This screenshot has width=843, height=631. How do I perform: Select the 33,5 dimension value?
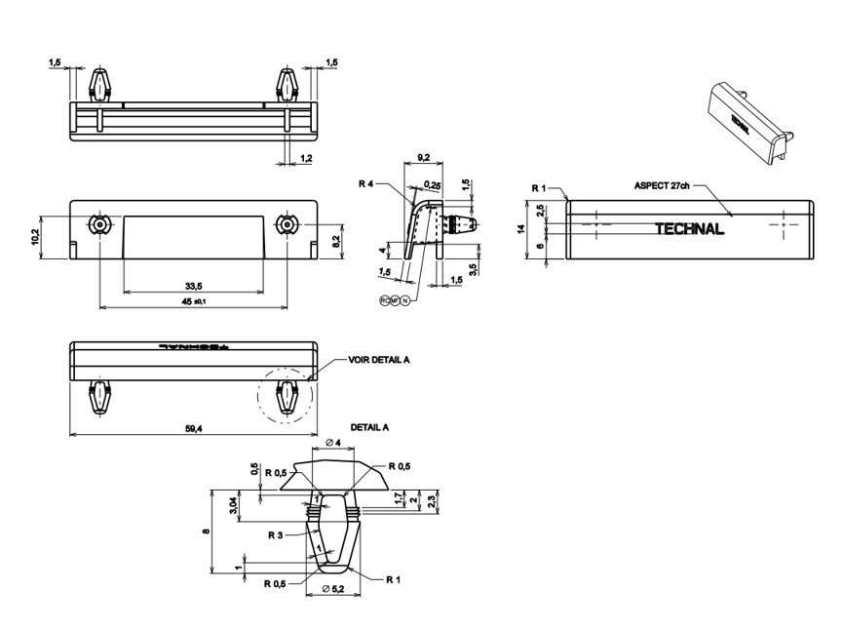(x=195, y=286)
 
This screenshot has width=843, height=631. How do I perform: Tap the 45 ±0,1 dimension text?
(x=194, y=300)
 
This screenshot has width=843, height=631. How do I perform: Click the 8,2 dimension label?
(x=336, y=239)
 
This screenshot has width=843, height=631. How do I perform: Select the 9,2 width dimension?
(x=423, y=156)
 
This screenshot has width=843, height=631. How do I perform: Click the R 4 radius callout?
(x=366, y=183)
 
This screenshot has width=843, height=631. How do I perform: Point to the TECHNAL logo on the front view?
(x=689, y=229)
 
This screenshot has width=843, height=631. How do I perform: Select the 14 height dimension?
(x=522, y=228)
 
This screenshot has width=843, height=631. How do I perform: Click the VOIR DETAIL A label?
(x=379, y=360)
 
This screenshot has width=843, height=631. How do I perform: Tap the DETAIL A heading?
(x=369, y=427)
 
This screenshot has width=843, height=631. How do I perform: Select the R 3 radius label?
(x=276, y=534)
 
